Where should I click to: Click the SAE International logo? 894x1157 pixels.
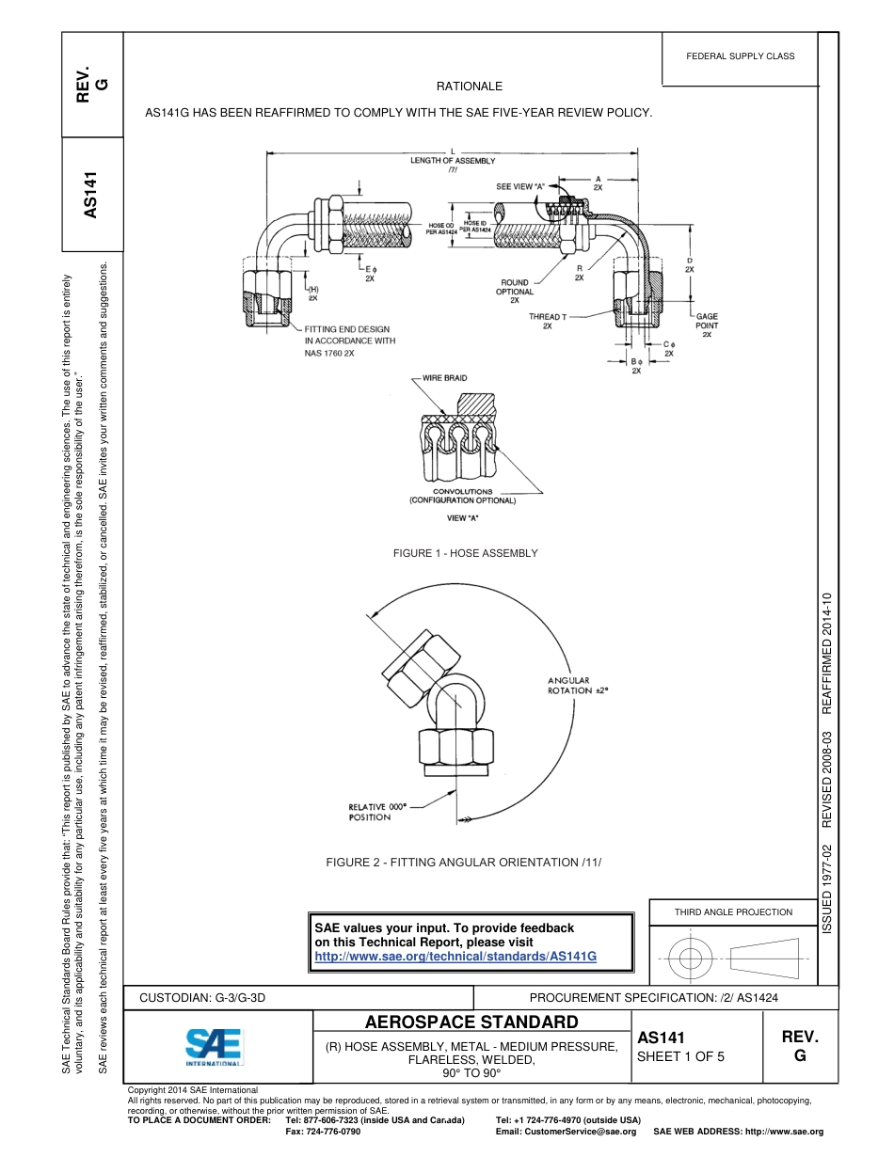[214, 1046]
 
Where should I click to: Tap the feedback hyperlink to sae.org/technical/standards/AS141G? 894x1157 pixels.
[455, 956]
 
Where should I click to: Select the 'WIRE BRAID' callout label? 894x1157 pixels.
[444, 378]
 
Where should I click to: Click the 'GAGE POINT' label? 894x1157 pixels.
[707, 322]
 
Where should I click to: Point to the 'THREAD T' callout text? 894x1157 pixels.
[547, 317]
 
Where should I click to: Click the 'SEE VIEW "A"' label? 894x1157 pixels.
[519, 186]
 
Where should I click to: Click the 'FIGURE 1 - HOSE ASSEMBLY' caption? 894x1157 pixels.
[465, 553]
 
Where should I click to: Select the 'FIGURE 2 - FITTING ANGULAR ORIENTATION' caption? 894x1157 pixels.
[463, 863]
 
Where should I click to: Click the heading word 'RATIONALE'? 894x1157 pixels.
[469, 86]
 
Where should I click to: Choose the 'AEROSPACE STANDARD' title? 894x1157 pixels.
[471, 1022]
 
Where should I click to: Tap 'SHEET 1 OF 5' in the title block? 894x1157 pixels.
[680, 1056]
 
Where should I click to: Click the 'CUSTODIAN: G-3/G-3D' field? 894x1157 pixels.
[203, 997]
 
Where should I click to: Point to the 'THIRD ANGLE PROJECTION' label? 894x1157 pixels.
[733, 911]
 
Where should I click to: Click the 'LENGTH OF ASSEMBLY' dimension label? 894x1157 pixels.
[452, 161]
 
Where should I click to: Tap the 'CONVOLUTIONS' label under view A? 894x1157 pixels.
[462, 491]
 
